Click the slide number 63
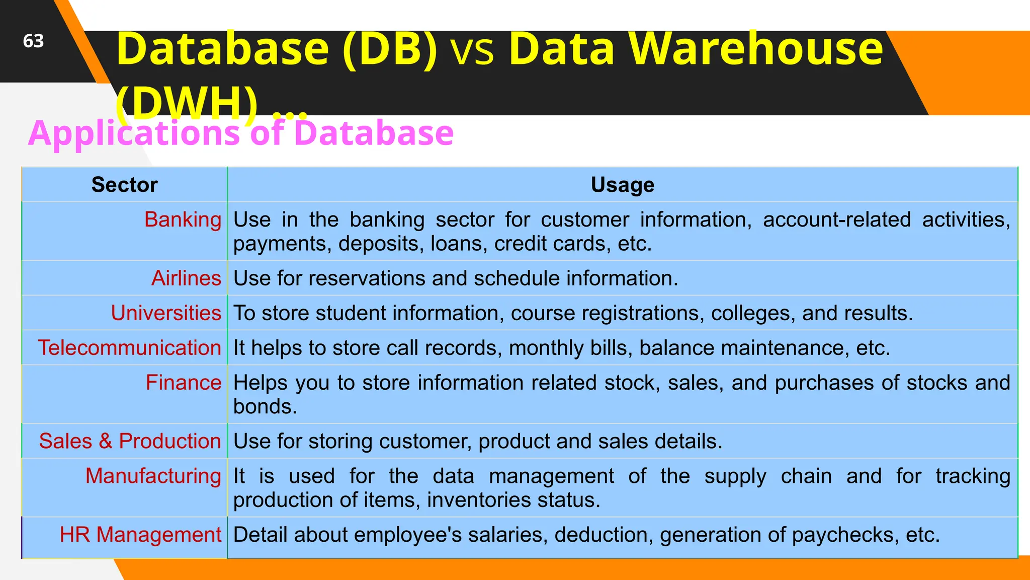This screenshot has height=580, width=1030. click(33, 41)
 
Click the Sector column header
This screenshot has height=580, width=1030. click(124, 185)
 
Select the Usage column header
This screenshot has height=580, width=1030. click(622, 185)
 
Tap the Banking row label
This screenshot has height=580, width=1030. click(183, 220)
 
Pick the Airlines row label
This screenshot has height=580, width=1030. click(186, 278)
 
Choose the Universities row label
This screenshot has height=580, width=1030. click(166, 313)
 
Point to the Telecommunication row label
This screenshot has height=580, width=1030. click(129, 347)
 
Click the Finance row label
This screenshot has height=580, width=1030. click(183, 382)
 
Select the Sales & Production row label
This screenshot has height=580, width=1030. click(130, 441)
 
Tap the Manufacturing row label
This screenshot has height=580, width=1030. click(153, 475)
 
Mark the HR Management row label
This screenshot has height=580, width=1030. click(140, 534)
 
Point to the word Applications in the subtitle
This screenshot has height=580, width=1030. click(134, 133)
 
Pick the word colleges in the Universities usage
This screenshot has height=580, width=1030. click(752, 313)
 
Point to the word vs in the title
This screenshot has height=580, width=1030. click(473, 50)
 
